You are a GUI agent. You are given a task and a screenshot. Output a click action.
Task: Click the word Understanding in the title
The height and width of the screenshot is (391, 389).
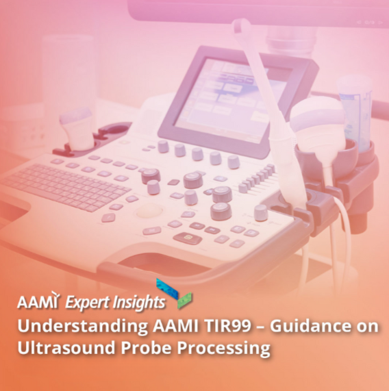click(x=83, y=327)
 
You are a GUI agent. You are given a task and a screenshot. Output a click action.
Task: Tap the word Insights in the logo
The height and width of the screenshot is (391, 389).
click(x=138, y=303)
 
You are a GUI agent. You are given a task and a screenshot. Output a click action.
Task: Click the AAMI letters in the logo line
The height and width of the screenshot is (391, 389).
click(x=38, y=301)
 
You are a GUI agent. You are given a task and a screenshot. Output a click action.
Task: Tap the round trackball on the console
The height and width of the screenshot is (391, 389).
click(x=149, y=211)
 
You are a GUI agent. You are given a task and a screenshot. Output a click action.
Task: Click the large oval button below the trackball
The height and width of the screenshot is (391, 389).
click(x=188, y=238)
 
